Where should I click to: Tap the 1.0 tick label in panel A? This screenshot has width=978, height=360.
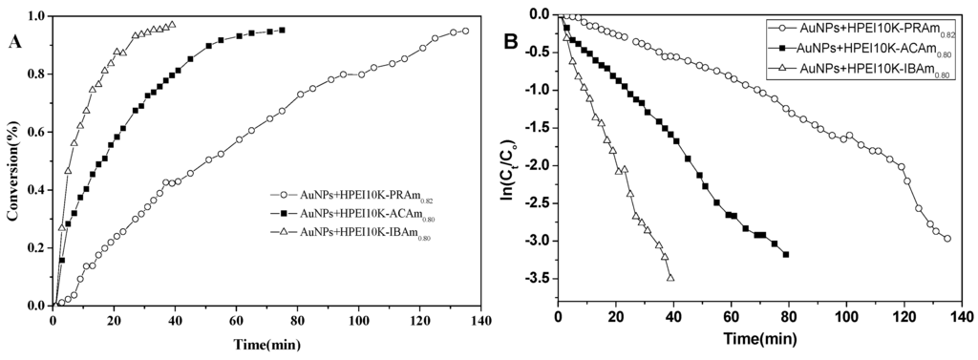36,16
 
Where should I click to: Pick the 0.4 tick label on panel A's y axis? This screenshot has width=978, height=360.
36,190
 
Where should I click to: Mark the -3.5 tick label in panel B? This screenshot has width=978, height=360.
536,279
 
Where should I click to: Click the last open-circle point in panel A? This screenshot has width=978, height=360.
465,31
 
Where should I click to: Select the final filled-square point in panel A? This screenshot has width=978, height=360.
282,31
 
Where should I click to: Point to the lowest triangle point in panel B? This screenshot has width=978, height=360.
670,278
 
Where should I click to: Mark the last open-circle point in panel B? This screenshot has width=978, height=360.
947,239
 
